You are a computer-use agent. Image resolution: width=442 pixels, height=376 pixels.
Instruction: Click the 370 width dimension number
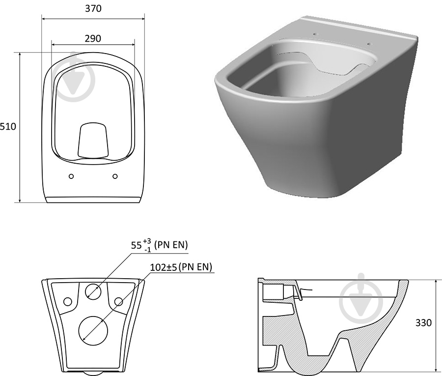93,8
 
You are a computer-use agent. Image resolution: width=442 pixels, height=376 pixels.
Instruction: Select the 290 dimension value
93,38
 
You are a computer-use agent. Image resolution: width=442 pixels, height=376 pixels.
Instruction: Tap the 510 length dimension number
8,127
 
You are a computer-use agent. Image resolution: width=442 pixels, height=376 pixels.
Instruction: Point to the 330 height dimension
423,322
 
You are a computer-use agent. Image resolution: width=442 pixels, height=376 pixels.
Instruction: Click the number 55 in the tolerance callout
136,245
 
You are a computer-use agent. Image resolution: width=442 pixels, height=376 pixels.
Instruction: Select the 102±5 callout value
164,267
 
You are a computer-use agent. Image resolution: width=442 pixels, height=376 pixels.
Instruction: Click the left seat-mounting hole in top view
71,176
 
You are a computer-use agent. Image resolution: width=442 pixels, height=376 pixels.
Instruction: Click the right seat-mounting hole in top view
115,176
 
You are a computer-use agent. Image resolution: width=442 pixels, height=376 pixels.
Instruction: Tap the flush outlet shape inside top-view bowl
93,140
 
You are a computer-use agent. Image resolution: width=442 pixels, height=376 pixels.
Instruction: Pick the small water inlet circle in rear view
93,290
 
